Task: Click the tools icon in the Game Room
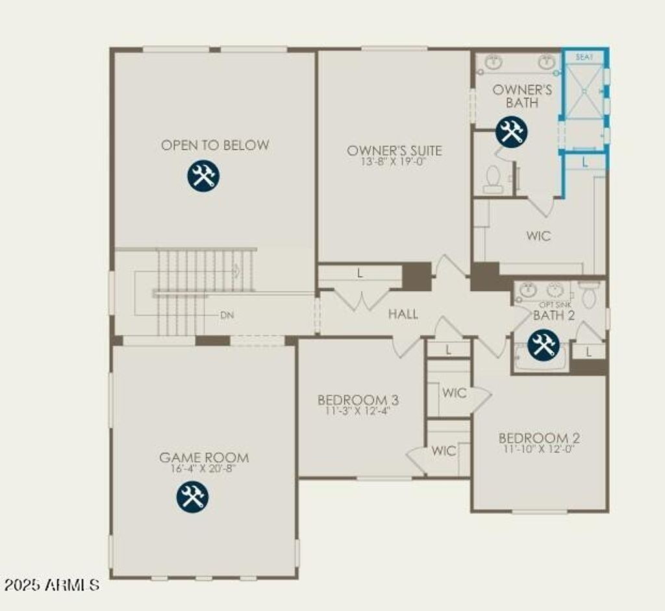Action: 192,497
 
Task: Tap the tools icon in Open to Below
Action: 204,176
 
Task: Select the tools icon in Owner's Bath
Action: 512,132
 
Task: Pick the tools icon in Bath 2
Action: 544,344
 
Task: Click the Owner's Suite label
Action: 394,150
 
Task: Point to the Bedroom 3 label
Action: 358,399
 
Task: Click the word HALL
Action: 403,314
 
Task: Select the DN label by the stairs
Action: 227,315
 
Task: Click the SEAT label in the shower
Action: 584,57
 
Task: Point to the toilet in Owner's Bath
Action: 493,179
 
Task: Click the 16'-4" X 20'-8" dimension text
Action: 204,468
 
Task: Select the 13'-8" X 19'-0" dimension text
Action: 394,162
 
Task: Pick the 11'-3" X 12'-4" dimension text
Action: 358,410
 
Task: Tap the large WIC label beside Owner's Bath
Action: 539,236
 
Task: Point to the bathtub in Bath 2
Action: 541,357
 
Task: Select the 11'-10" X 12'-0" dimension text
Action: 539,448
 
